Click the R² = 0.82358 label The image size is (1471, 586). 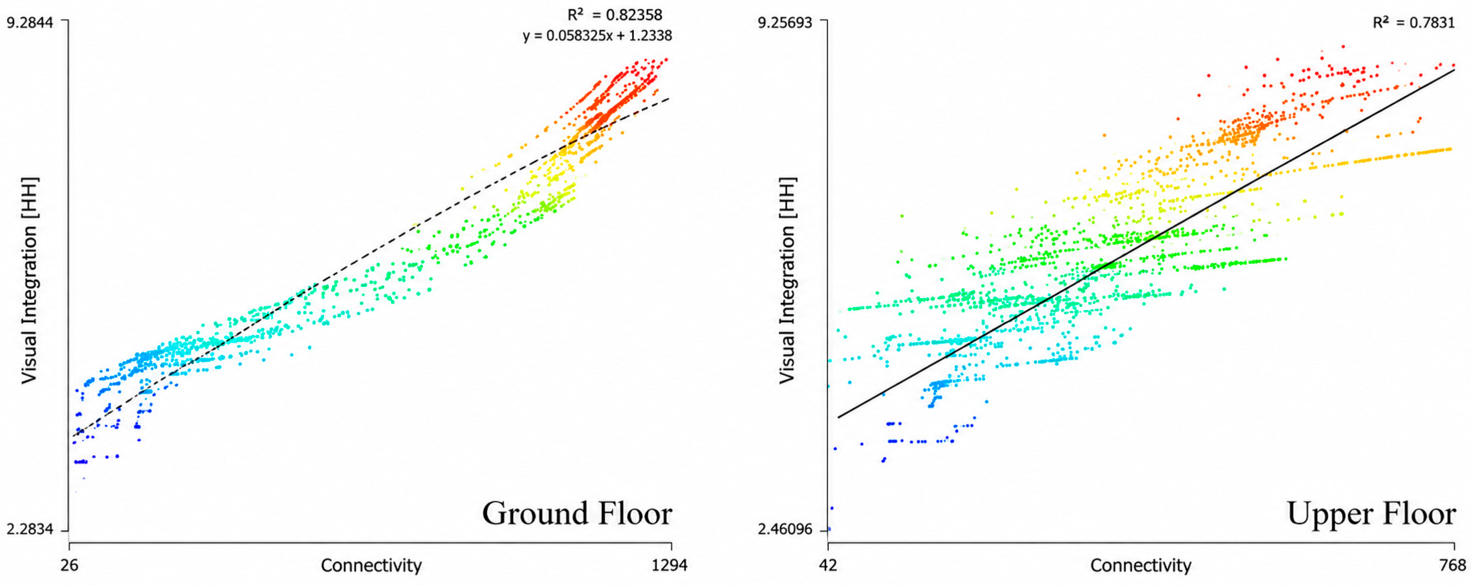(x=614, y=14)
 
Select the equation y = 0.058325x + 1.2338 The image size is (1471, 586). (x=597, y=36)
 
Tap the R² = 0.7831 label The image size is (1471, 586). (x=1413, y=22)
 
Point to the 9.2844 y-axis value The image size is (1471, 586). (x=30, y=22)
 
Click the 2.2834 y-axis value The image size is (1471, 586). (x=30, y=530)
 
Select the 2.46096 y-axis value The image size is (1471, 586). (x=785, y=530)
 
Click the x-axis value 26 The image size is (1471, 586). (x=69, y=565)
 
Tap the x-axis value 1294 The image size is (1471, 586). (x=670, y=565)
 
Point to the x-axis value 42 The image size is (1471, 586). (x=828, y=565)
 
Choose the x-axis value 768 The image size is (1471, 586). (x=1454, y=565)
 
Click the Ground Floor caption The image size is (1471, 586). (x=577, y=513)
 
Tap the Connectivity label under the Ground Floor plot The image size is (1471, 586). (x=371, y=565)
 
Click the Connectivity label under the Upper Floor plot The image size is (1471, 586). (x=1141, y=565)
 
